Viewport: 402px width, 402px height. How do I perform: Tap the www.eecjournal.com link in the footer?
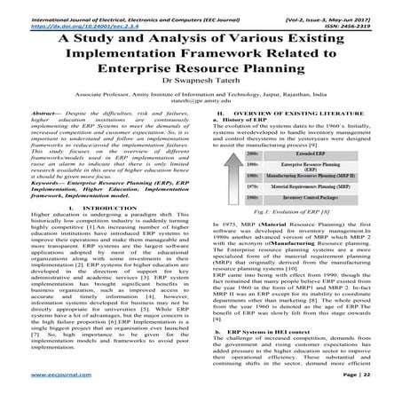click(x=38, y=388)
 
